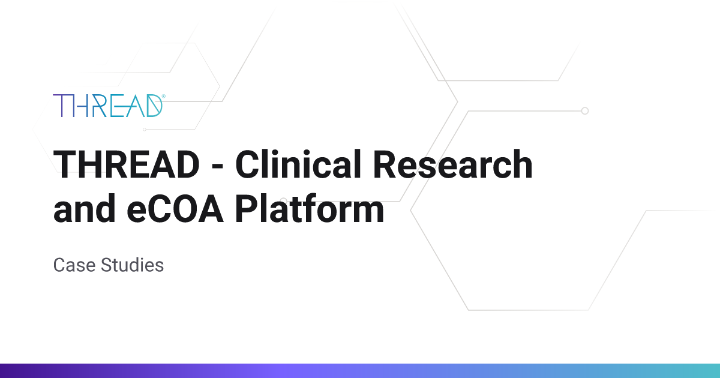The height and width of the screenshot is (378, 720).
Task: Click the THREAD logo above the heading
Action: coord(109,106)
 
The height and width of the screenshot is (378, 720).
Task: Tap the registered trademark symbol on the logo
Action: coord(164,96)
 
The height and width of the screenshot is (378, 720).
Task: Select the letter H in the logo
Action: coord(80,106)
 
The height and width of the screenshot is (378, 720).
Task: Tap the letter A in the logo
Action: coord(136,106)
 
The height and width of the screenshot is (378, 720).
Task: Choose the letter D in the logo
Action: coord(154,106)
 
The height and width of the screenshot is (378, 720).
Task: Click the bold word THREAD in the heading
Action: coord(127,164)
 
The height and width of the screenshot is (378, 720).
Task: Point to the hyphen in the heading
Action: coord(218,168)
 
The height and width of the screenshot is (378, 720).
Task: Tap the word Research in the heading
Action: coord(452,164)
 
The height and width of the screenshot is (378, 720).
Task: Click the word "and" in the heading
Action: coord(84,208)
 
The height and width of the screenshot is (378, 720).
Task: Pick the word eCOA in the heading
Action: coord(175,209)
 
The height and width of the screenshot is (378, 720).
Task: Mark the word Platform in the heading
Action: coord(310,208)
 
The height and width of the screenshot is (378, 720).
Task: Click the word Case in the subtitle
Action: coord(74,265)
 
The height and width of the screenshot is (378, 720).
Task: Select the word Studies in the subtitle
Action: coord(132,265)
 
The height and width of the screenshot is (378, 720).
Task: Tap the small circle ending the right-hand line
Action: coord(585,111)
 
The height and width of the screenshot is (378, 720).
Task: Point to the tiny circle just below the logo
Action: coord(145,130)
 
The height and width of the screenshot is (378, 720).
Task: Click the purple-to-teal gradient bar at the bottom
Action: coord(360,371)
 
